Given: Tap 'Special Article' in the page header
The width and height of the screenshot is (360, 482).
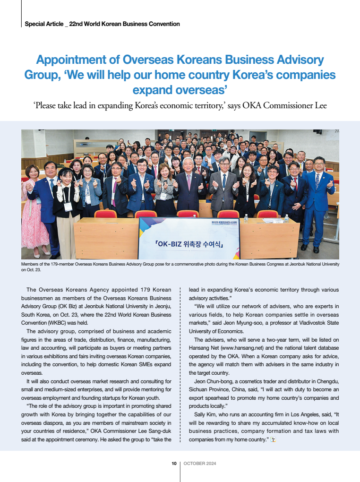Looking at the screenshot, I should [x=43, y=24].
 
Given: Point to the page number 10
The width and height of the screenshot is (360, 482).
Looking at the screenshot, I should [x=174, y=464].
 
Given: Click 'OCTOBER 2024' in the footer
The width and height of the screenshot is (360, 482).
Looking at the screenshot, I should [x=200, y=464].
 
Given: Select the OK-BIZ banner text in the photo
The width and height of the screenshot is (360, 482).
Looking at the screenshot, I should [x=189, y=244].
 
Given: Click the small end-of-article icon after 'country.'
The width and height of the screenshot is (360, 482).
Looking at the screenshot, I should [x=273, y=440].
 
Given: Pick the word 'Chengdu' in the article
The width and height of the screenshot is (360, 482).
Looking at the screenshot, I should [x=326, y=380].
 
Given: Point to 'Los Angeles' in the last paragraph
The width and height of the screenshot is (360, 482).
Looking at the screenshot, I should [x=294, y=414].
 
